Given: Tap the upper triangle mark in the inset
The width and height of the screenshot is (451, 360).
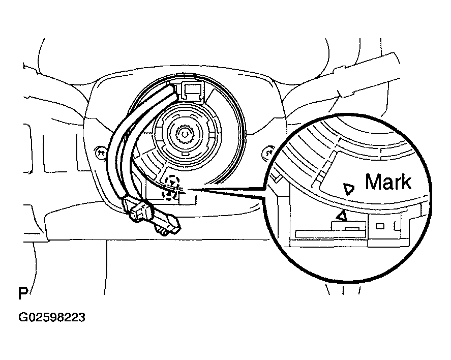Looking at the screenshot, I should click(x=349, y=190).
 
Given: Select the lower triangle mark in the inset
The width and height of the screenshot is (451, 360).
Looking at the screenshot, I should click(x=343, y=216).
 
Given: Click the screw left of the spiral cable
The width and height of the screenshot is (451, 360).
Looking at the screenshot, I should click(x=100, y=151).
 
